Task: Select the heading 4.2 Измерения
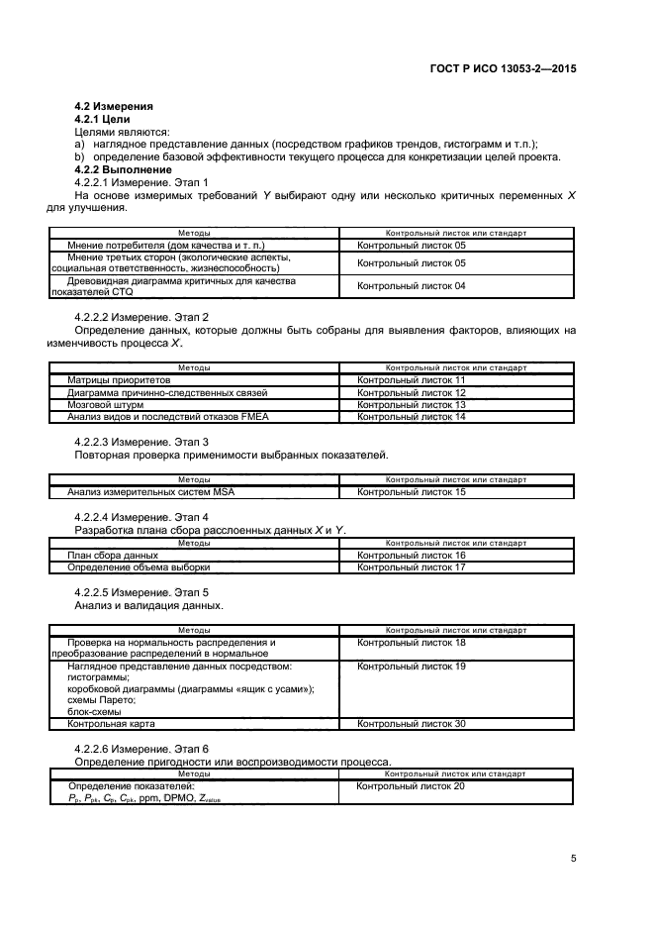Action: tap(113, 106)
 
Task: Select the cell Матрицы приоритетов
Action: tap(120, 379)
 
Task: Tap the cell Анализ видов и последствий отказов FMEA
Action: tap(168, 417)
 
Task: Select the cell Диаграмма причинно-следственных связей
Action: tap(167, 392)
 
